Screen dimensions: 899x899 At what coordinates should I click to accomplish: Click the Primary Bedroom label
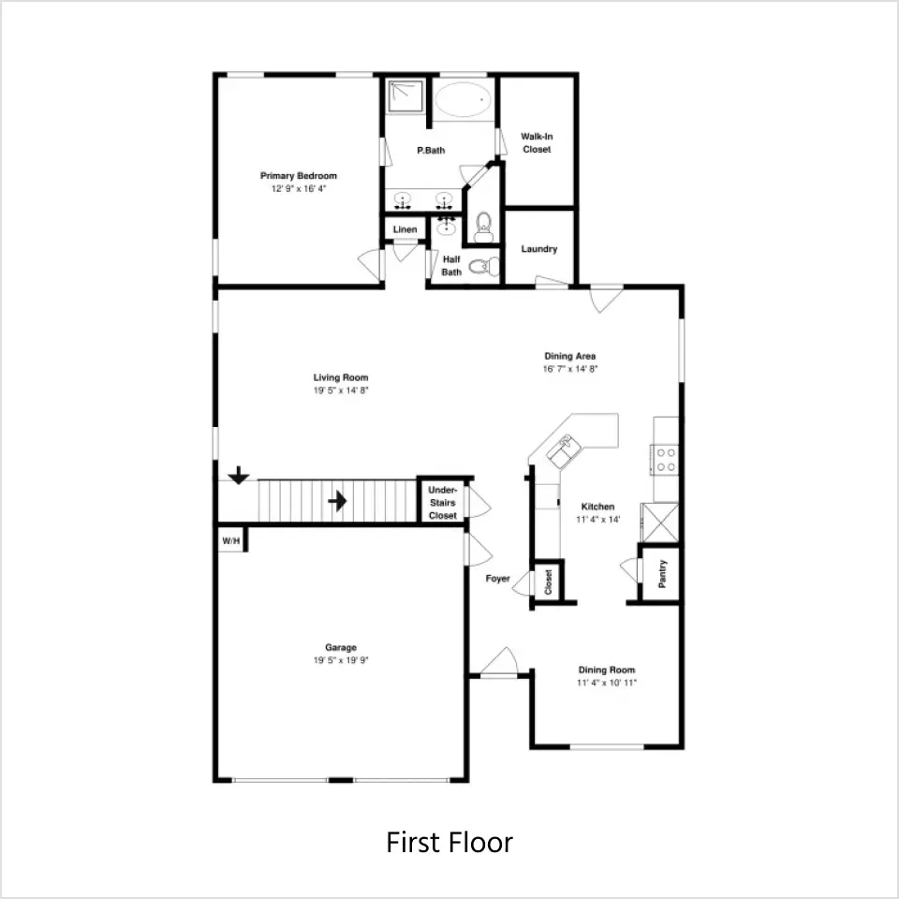point(298,176)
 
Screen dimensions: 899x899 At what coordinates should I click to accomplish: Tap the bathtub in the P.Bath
point(463,100)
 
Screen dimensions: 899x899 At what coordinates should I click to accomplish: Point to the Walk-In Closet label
point(537,142)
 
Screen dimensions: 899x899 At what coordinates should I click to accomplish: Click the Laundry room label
point(539,249)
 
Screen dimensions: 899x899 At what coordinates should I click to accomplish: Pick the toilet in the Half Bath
point(484,266)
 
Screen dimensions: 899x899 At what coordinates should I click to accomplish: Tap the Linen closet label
point(405,229)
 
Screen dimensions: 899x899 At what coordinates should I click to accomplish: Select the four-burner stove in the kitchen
point(665,460)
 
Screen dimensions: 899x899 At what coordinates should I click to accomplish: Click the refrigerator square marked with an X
point(660,523)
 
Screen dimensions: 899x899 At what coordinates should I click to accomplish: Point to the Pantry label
point(662,574)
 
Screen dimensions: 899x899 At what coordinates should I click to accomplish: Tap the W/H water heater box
point(231,540)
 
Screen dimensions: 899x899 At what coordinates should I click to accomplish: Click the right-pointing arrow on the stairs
point(338,501)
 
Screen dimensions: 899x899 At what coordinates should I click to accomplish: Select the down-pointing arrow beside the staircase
point(239,475)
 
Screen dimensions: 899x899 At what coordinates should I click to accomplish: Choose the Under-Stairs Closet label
point(443,503)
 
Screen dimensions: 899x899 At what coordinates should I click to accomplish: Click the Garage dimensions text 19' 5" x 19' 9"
point(341,660)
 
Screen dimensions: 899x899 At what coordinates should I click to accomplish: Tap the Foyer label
point(497,579)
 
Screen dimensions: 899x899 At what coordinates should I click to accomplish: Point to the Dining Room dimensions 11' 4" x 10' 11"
point(607,683)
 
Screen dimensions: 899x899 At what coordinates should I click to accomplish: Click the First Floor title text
point(449,842)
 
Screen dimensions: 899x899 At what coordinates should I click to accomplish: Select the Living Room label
point(341,377)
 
